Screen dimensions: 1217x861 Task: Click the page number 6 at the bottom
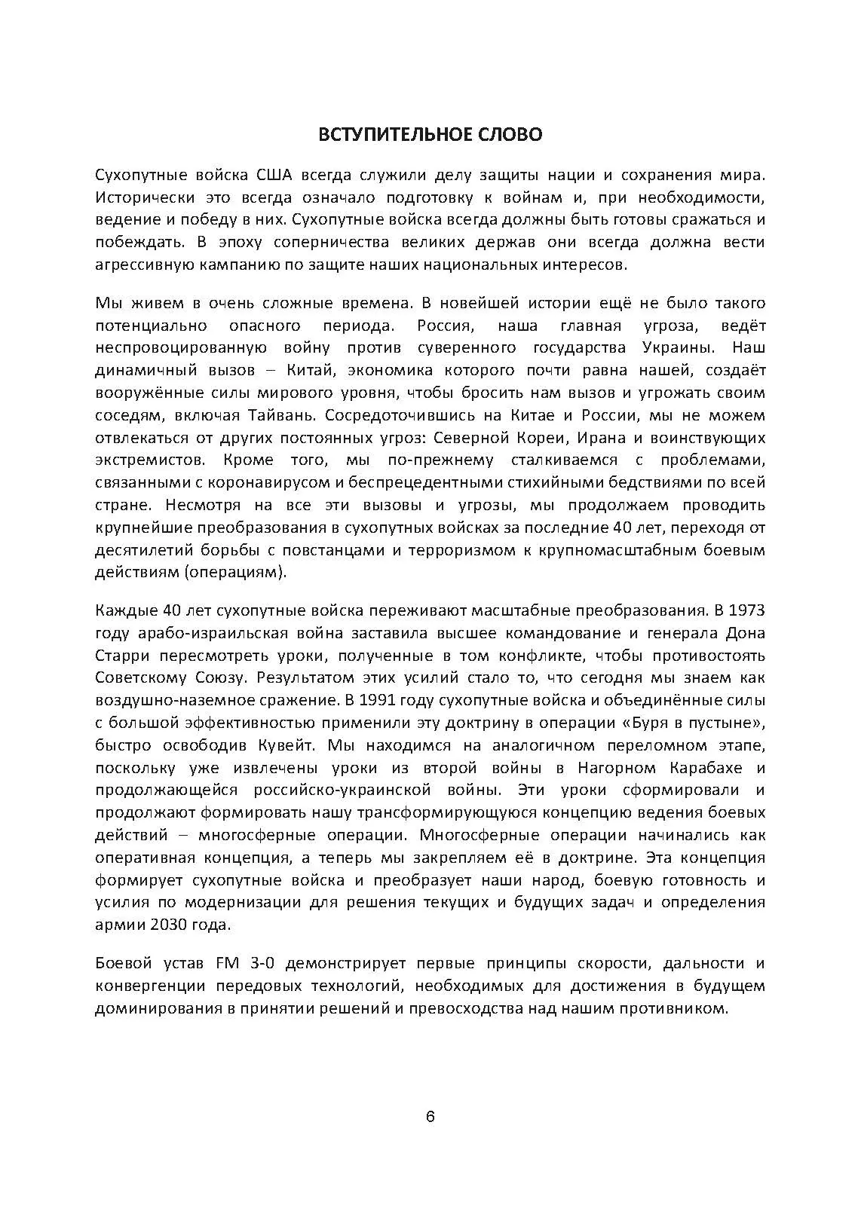point(430,1116)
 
